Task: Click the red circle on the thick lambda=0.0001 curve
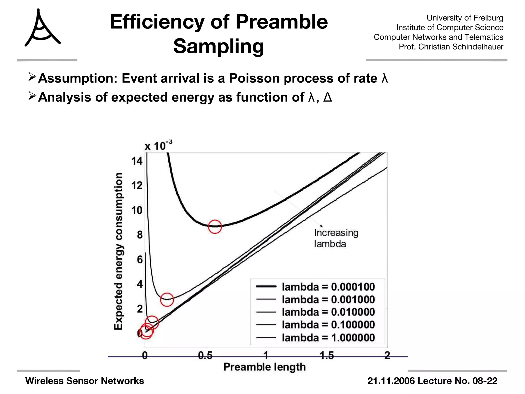point(215,226)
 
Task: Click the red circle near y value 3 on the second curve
point(167,299)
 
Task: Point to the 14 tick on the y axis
point(137,161)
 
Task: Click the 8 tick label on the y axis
point(139,235)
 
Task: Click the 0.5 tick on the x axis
point(205,356)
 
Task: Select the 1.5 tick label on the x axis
point(327,356)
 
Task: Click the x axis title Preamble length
point(264,367)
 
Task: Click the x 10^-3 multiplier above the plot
point(158,146)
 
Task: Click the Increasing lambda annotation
point(336,238)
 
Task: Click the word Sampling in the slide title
point(218,46)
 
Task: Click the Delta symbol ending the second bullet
point(328,97)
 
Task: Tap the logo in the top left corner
point(42,28)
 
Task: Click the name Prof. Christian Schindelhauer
point(451,47)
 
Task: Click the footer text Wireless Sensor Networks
point(85,381)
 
